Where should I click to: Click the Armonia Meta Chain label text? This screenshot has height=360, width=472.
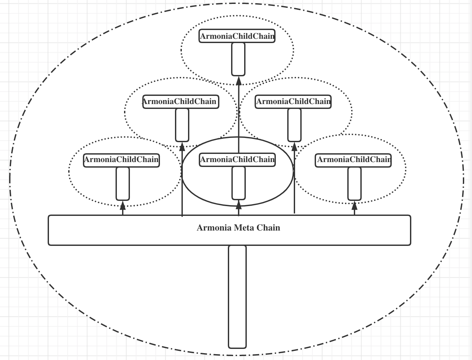point(238,228)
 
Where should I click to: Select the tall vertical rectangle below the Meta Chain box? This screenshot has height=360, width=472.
point(237,297)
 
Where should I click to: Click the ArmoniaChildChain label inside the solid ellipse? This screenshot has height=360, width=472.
point(237,160)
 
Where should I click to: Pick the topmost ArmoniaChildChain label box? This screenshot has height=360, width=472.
point(237,36)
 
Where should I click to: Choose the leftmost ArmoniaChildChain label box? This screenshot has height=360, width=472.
point(121,160)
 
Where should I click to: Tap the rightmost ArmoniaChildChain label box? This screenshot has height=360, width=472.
point(353,160)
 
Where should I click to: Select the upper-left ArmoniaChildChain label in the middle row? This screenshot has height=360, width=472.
point(181,102)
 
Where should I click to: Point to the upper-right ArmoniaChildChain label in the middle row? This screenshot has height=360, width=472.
point(293,102)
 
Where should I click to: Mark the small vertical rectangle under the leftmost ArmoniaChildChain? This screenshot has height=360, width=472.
point(123,184)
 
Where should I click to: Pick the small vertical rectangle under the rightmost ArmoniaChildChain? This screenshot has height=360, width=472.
point(354,184)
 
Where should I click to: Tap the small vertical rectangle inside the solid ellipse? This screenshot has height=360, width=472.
point(239,183)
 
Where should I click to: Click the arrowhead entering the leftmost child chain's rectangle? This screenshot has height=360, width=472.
point(123,205)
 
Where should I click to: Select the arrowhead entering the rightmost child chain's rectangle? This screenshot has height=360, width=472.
point(354,206)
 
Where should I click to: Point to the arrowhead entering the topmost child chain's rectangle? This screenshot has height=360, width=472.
point(239,81)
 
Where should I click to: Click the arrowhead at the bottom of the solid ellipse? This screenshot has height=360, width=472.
point(239,205)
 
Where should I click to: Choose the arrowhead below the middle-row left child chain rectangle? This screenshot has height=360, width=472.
point(182,147)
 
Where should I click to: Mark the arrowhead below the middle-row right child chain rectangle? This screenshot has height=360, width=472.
point(294,147)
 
